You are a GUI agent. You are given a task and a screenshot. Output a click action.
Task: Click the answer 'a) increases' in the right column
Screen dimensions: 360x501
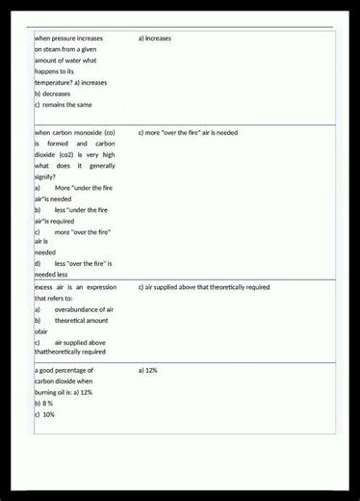[x=155, y=39]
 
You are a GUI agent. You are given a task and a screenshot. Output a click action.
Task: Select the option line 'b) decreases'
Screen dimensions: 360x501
[x=53, y=94]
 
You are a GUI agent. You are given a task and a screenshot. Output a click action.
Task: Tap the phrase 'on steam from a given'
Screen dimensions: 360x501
[x=65, y=49]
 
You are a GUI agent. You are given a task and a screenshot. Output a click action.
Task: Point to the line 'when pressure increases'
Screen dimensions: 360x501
[x=68, y=39]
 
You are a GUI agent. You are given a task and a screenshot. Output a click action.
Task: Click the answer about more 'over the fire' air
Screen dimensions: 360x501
[x=188, y=132]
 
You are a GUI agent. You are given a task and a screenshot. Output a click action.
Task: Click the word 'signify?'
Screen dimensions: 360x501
[x=45, y=176]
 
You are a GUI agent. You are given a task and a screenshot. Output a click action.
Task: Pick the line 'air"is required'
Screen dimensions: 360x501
[x=54, y=221]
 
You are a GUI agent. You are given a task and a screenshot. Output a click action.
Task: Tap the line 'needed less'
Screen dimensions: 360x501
[x=51, y=274]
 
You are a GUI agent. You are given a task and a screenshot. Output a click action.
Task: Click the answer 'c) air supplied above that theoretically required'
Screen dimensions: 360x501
[x=204, y=287]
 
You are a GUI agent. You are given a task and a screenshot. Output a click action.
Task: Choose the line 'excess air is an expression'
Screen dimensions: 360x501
[x=75, y=287]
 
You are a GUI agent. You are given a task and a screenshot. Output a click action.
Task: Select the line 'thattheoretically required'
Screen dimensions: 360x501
[x=70, y=352]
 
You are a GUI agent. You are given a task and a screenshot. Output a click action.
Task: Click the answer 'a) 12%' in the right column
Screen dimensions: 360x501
[x=147, y=370]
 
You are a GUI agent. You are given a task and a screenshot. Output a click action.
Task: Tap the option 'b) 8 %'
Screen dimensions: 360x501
[x=43, y=404]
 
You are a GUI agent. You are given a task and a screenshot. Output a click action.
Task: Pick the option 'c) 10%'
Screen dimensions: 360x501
[x=44, y=414]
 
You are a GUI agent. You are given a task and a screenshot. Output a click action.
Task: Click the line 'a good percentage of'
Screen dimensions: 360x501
[x=64, y=370]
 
